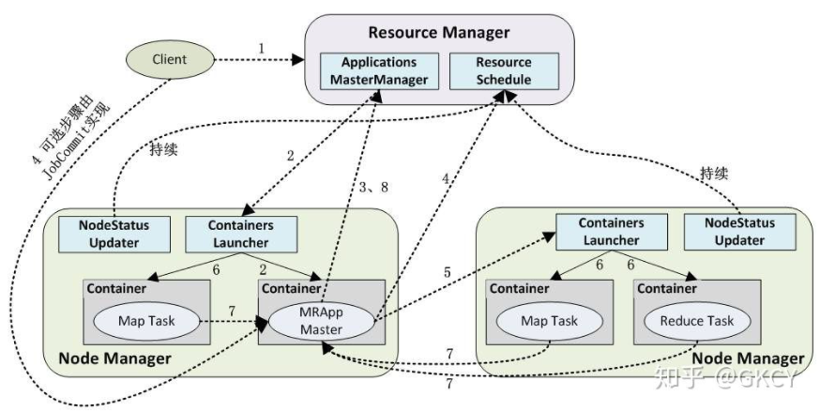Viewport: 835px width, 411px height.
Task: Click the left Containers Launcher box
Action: tap(241, 233)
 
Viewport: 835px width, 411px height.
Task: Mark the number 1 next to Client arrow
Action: tap(262, 48)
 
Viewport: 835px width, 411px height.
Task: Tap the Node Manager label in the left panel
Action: tap(115, 358)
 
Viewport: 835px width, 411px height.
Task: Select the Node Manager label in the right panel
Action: tap(747, 358)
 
